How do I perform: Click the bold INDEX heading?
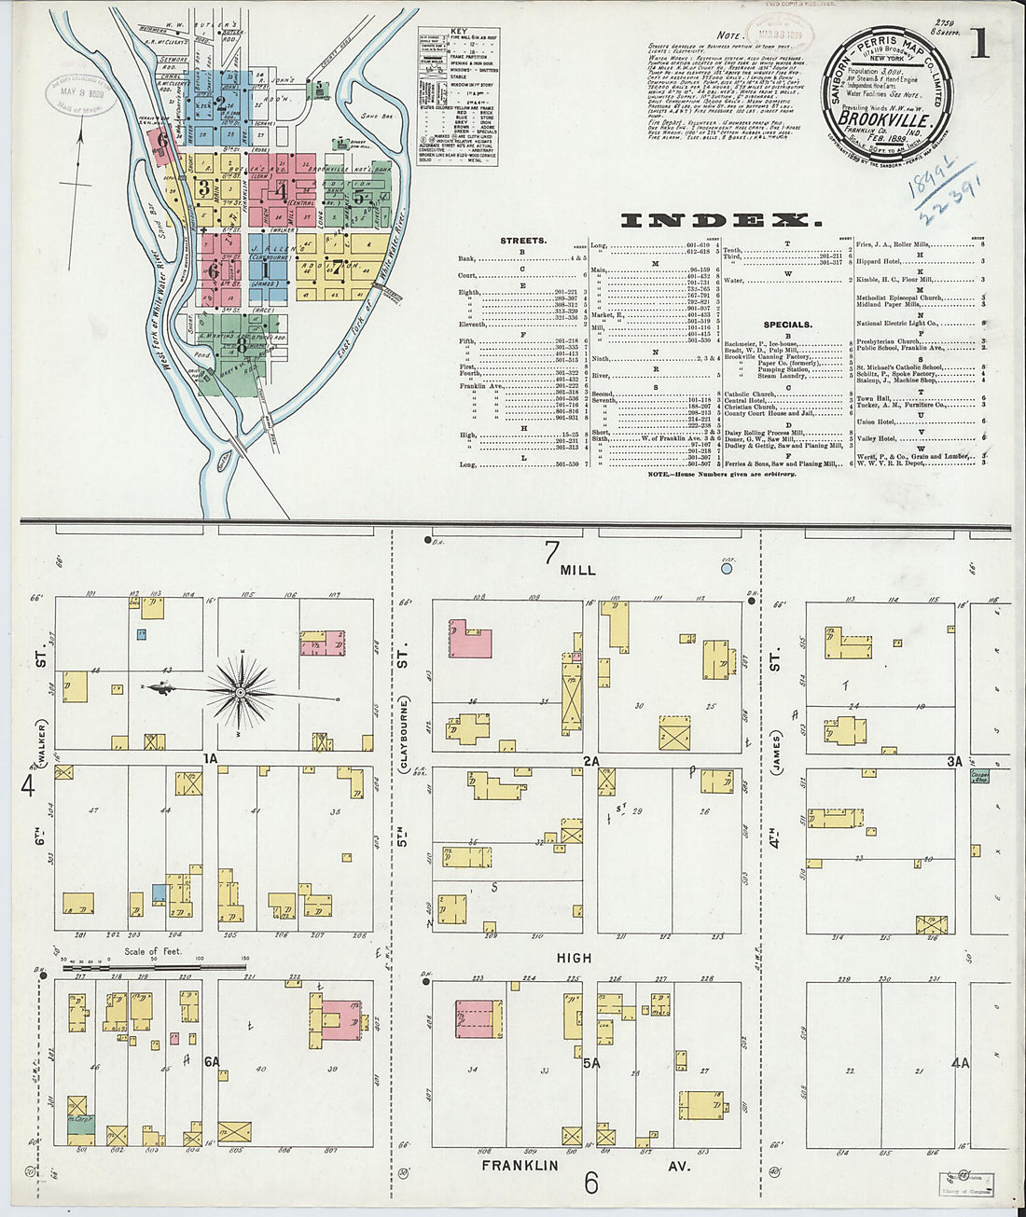tap(721, 221)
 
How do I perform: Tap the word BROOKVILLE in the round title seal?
tap(882, 119)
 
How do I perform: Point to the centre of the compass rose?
tap(241, 692)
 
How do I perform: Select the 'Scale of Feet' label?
tap(153, 952)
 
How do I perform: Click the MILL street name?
tap(578, 569)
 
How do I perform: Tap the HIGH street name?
tap(575, 958)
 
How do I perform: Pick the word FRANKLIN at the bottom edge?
tap(520, 1165)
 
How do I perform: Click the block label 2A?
tap(590, 762)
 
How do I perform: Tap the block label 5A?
tap(590, 1062)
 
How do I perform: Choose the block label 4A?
tap(960, 1062)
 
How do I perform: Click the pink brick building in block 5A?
tap(474, 1018)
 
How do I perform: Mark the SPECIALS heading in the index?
tap(787, 325)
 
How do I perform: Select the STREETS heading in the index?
tap(522, 241)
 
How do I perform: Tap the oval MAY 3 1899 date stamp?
tap(82, 92)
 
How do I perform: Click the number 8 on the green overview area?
tap(242, 344)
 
